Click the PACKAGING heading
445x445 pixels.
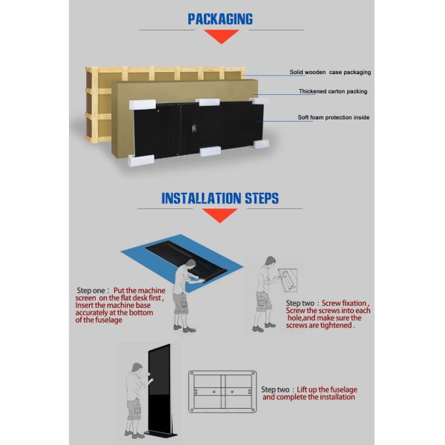tap(220, 19)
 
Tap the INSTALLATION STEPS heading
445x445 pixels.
tap(220, 198)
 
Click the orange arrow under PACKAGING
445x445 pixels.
tap(220, 36)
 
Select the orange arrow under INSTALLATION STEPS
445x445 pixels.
tap(220, 215)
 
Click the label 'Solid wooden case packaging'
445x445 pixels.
tap(329, 73)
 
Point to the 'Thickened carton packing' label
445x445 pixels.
tap(333, 91)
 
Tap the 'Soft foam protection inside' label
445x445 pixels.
tap(333, 117)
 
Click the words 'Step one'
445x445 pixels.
tap(93, 291)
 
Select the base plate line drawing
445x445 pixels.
tap(222, 392)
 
